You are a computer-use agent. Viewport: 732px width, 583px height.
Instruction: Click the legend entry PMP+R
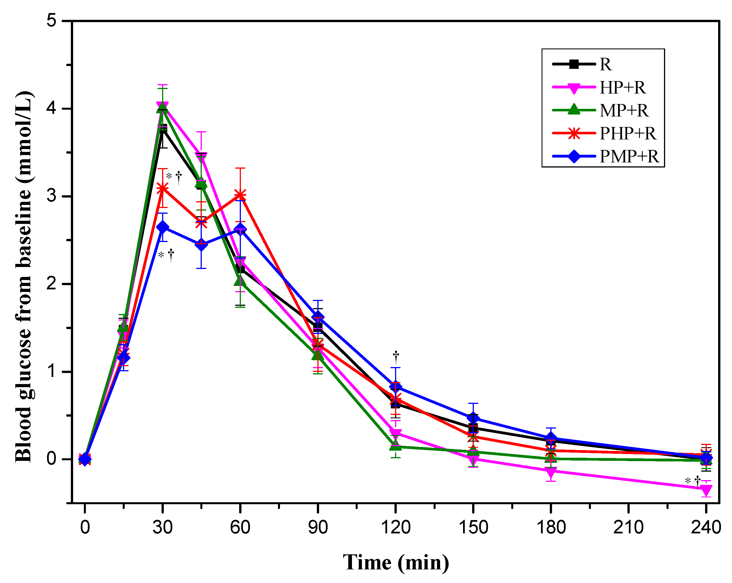pos(629,156)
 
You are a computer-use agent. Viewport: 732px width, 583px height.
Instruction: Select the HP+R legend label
pos(622,88)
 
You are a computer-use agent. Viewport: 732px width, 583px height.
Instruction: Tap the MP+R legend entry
pos(624,111)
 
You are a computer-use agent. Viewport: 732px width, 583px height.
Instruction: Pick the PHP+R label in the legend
pos(627,133)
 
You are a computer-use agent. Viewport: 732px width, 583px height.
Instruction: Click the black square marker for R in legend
pos(574,64)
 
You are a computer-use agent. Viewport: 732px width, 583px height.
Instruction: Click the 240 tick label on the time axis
pos(706,528)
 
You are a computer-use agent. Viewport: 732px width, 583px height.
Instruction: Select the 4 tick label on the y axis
pos(51,109)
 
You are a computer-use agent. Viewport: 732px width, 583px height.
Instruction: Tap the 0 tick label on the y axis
pos(51,459)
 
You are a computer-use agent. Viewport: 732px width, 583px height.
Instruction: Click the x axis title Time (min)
pos(396,563)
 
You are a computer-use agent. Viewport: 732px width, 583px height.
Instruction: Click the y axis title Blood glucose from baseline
pos(24,277)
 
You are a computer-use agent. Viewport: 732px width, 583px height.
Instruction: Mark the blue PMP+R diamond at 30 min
pos(163,227)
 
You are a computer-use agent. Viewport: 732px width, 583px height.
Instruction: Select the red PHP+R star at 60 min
pos(240,195)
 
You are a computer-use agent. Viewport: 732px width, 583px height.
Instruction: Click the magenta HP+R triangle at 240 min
pos(706,490)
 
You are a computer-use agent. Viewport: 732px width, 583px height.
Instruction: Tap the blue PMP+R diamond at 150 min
pos(473,418)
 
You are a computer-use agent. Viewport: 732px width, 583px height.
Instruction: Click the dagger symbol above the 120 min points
pos(396,356)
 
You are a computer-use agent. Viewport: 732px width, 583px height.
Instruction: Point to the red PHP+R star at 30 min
pos(163,188)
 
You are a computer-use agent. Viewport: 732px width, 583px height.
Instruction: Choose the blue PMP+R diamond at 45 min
pos(201,245)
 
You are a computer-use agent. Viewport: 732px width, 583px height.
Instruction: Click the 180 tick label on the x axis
pos(551,528)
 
